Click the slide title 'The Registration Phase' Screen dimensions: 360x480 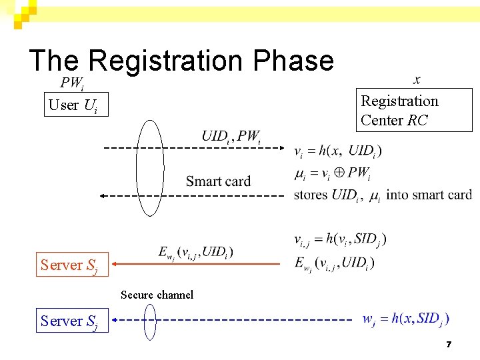[x=181, y=60]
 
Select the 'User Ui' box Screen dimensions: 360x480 [x=76, y=105]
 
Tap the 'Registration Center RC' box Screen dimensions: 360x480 [x=413, y=111]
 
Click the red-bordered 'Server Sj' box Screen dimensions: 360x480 [x=69, y=265]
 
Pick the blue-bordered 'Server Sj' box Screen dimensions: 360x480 [x=69, y=321]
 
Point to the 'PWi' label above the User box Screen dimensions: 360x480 [x=72, y=83]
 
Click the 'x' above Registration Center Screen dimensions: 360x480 [x=417, y=80]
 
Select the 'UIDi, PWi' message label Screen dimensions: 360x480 [x=231, y=137]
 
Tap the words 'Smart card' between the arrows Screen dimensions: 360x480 [x=218, y=181]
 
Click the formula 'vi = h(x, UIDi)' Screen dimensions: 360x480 [x=338, y=151]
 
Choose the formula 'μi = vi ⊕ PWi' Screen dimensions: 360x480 [x=332, y=174]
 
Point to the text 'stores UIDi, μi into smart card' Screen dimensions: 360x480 [x=382, y=195]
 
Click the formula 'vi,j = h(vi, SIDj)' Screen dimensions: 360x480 [x=340, y=239]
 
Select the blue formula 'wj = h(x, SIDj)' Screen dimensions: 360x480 [x=405, y=319]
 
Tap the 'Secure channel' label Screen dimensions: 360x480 [x=157, y=295]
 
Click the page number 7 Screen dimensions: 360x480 [x=449, y=345]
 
